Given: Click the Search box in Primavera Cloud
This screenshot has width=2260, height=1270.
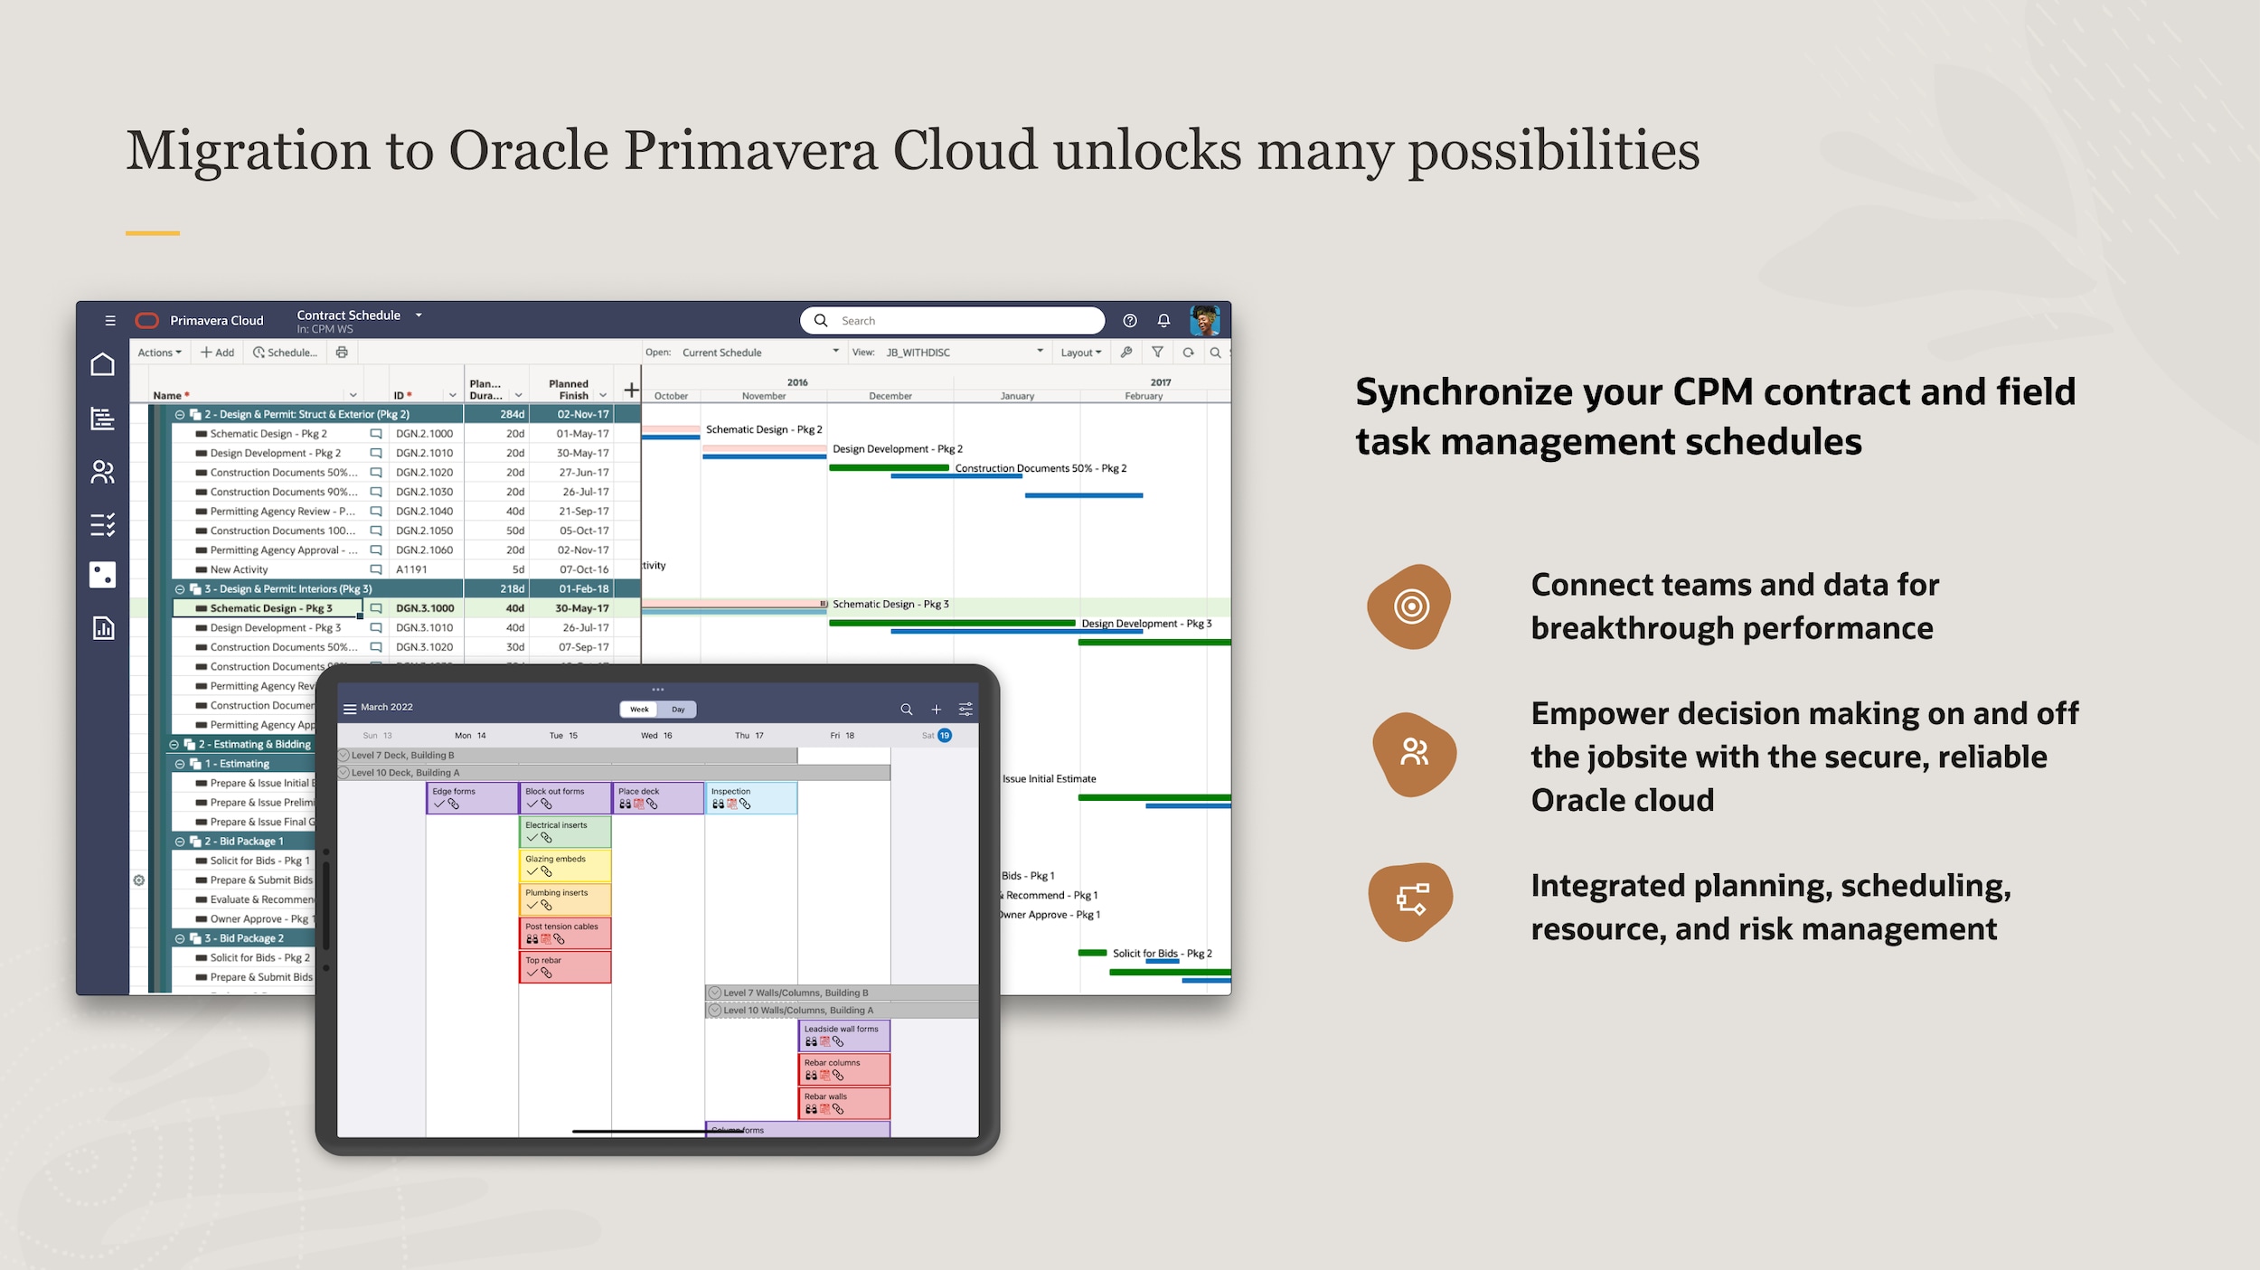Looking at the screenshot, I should coord(958,321).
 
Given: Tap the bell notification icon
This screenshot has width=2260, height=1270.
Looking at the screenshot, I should coord(1163,321).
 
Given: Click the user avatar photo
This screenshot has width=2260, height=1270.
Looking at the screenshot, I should coord(1204,321).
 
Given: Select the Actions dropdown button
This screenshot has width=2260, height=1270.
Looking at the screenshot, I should coord(159,353).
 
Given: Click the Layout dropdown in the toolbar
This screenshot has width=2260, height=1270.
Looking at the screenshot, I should coord(1080,353).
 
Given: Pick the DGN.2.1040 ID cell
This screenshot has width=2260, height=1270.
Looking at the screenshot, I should coord(424,512).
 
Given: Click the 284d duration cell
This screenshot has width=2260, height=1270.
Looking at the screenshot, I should coord(512,414).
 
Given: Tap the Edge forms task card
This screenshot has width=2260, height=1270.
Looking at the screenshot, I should coord(471,798).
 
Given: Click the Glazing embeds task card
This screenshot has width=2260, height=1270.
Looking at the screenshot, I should coord(564,865).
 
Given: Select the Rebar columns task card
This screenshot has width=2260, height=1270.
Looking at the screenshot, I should coord(843,1069).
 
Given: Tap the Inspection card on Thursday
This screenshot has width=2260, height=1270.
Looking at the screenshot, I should coord(750,798).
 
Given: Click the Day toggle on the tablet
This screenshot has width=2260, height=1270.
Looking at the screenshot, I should coord(678,710).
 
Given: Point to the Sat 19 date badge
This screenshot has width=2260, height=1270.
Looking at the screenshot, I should coord(944,736).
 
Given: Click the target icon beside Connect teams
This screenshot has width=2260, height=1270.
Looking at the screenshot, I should coord(1410,607).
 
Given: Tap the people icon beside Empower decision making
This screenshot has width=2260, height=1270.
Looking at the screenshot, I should coord(1414,753).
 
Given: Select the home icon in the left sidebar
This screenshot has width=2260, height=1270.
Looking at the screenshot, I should coord(103,364).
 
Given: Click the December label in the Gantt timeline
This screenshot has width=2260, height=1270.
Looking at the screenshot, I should coord(890,396).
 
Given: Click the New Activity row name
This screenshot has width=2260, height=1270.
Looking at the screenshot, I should coord(239,569).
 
